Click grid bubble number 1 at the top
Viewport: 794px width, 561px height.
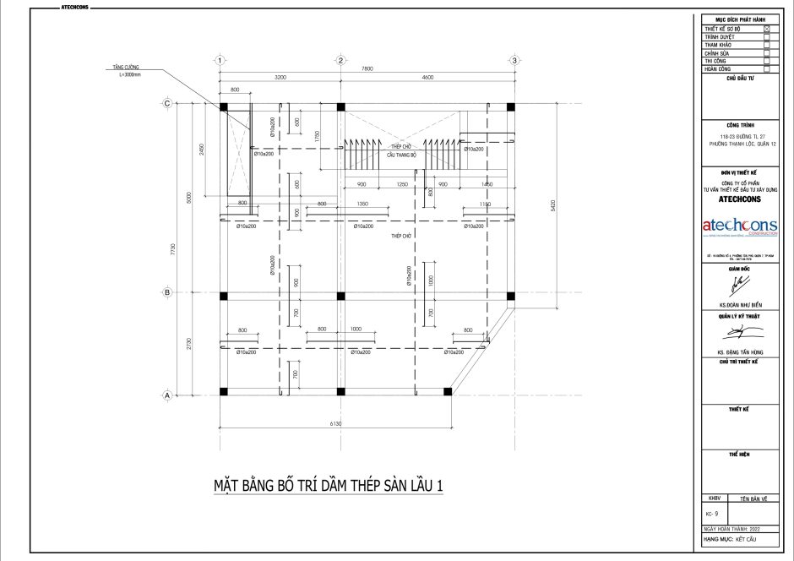219,61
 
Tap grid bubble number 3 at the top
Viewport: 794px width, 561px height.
514,61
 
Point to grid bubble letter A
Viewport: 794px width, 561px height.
167,395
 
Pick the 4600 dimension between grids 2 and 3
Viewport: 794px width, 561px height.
427,77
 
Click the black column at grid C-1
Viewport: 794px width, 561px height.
224,106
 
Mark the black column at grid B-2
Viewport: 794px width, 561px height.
340,296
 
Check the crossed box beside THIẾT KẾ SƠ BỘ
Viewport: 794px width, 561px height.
766,29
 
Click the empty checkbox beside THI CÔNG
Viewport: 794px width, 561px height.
766,62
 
